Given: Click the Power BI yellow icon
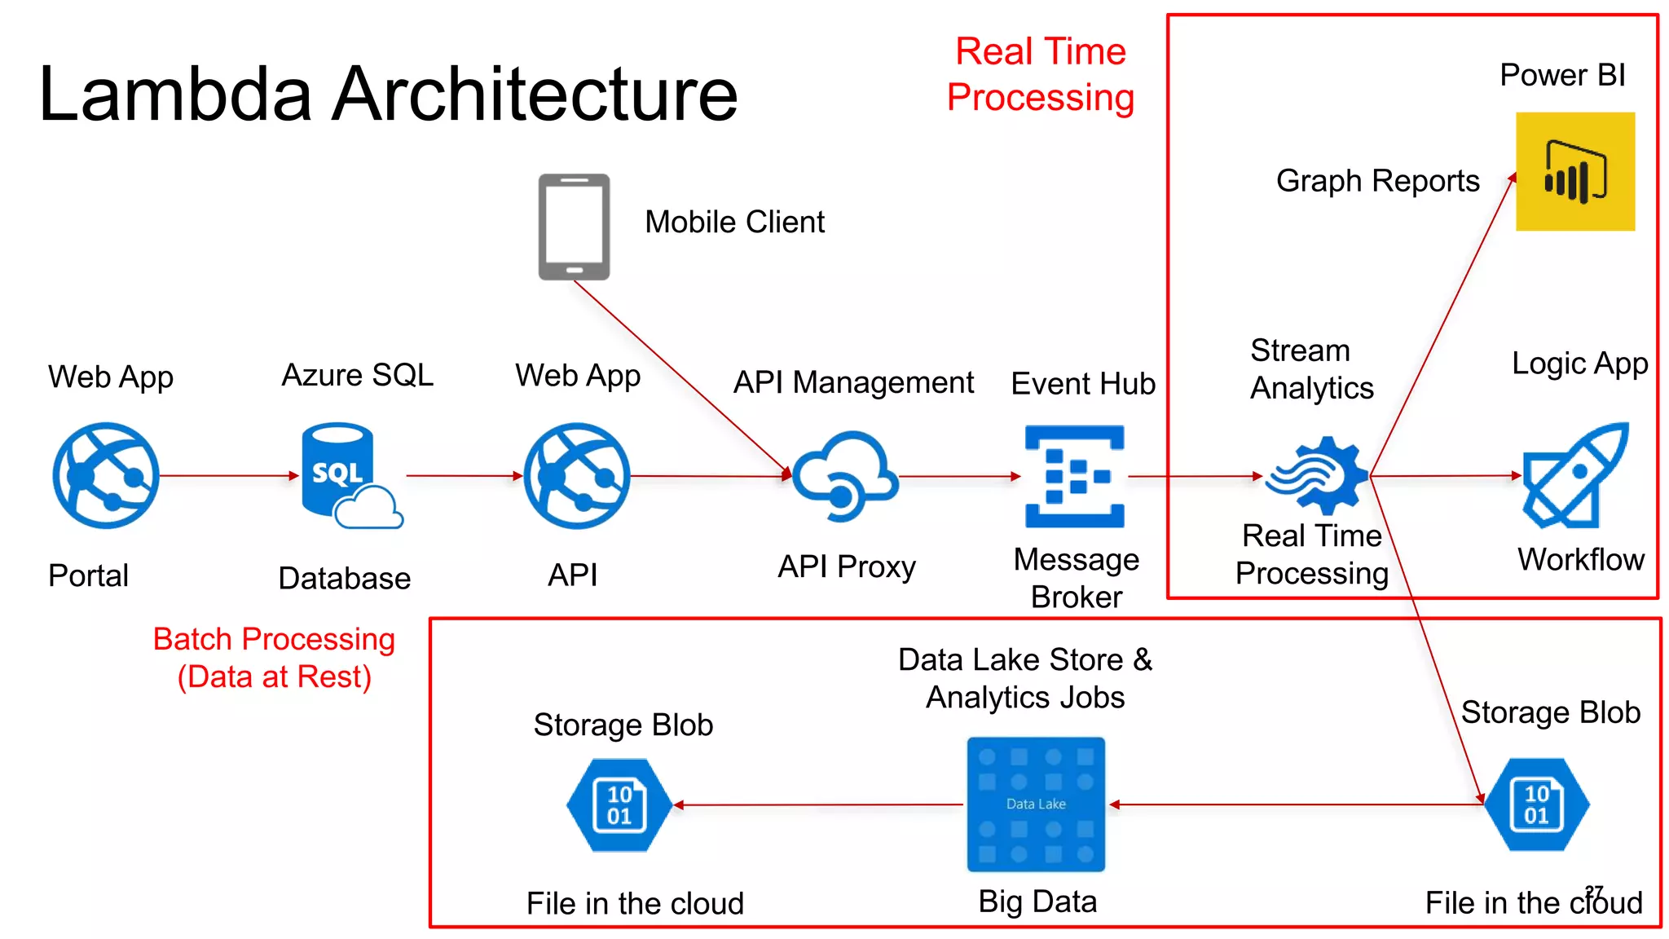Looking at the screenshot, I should [1574, 171].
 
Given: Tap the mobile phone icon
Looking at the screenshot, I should [574, 227].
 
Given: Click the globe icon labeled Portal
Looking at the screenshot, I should [106, 475].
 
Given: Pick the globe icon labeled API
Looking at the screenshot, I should [576, 475].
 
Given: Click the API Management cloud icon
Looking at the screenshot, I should [845, 475].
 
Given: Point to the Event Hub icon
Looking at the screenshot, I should [1074, 476].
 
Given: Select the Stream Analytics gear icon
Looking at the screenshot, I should [1316, 476].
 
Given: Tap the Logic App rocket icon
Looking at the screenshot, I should [1574, 476].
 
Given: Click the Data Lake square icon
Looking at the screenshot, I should [1036, 805].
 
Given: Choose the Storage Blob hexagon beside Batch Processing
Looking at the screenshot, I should [619, 805].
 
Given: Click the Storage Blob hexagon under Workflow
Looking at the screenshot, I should [1536, 805].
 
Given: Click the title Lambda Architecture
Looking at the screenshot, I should [388, 94].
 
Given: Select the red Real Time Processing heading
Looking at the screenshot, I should [1041, 74].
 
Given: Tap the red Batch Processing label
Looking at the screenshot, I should [274, 658].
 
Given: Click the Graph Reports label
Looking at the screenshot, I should [1377, 181].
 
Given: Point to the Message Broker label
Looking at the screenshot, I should [1076, 578].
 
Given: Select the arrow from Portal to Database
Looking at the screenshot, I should [229, 475].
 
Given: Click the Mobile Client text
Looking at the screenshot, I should [734, 222].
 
